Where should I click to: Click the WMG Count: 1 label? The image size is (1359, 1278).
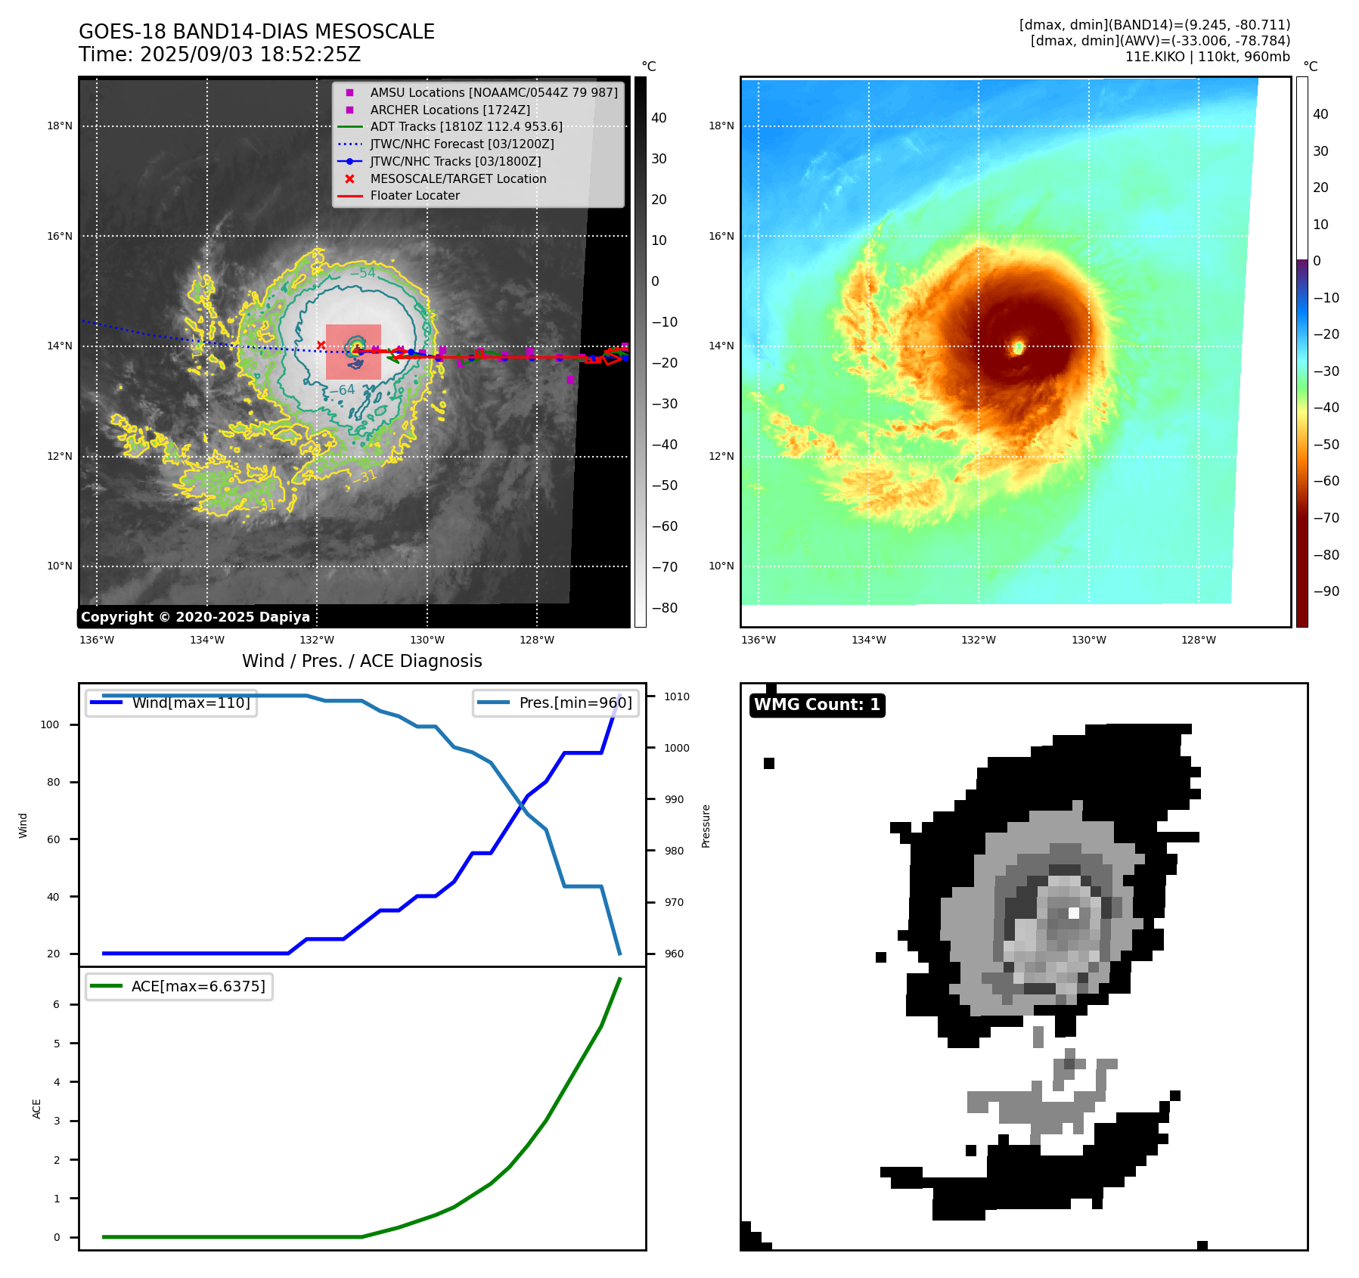point(817,705)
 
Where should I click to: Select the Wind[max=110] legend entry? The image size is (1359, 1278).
point(191,703)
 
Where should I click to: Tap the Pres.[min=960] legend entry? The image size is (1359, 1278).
point(575,703)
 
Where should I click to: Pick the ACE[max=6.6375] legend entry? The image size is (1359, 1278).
point(198,986)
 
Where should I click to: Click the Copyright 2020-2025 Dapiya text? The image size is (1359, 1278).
point(195,617)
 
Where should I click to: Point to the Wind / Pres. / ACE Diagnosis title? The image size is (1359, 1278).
point(361,661)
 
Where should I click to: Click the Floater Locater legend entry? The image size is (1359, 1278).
point(414,195)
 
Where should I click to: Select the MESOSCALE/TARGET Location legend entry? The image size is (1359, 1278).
point(458,178)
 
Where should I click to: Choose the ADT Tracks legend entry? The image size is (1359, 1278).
point(466,126)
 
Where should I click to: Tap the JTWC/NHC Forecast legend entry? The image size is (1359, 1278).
point(461,144)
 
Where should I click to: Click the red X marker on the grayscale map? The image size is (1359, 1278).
point(321,345)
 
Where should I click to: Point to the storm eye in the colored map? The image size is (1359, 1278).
point(1019,347)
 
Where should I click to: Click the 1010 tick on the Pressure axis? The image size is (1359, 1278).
point(677,696)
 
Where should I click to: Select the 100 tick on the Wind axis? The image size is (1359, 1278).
point(50,724)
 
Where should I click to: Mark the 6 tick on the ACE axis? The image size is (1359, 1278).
point(57,1004)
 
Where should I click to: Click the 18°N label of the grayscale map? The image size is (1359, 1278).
point(60,126)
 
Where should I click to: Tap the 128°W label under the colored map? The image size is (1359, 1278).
point(1199,640)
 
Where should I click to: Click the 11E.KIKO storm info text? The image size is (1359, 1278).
point(1207,57)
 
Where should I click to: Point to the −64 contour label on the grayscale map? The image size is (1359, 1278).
point(342,389)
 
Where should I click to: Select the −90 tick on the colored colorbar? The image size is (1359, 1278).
point(1326,591)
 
